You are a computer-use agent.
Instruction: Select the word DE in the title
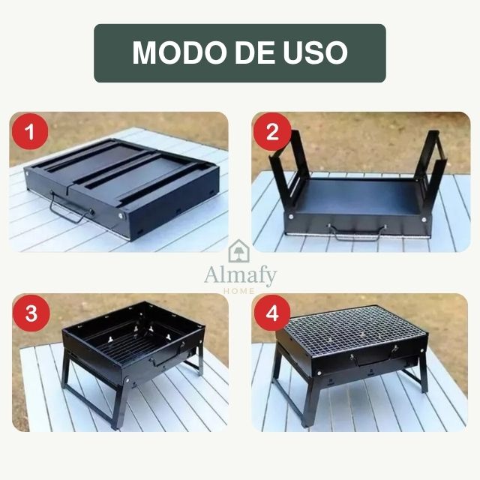click(250, 52)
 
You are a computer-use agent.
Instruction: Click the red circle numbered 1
click(31, 133)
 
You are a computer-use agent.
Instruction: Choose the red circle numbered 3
click(31, 313)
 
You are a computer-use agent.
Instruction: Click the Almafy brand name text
click(240, 275)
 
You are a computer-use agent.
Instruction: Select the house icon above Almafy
click(240, 250)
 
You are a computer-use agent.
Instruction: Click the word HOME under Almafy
click(240, 290)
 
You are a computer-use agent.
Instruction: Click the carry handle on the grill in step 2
click(357, 232)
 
